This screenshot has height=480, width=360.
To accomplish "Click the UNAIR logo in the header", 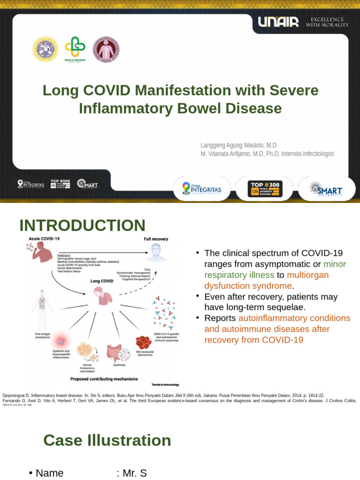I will (278, 22).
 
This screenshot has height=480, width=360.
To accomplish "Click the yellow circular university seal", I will (45, 50).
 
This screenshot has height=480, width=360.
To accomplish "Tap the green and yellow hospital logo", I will (75, 49).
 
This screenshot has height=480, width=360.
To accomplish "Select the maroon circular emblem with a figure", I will (106, 50).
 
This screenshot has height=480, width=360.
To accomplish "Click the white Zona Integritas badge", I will (202, 189).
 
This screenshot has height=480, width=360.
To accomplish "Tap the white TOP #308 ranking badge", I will (265, 189).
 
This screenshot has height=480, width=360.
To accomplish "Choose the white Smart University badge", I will (326, 189).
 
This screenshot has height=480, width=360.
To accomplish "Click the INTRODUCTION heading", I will (82, 225).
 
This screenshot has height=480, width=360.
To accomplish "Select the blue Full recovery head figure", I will (156, 252).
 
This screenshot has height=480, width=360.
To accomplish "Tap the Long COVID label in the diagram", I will (102, 281).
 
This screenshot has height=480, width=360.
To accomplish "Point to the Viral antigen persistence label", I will (45, 336).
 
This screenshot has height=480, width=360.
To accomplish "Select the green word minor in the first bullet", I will (338, 264).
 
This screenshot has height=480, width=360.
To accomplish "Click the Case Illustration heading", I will (107, 440).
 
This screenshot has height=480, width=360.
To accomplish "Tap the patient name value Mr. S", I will (135, 473).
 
